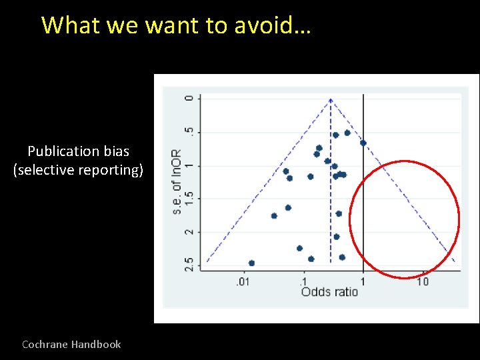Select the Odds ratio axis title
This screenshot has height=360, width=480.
click(x=329, y=292)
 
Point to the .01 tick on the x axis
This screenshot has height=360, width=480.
click(x=244, y=283)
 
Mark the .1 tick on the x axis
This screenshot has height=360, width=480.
click(x=304, y=283)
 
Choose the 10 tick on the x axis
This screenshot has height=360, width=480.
click(x=423, y=283)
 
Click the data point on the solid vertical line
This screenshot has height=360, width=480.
click(x=363, y=143)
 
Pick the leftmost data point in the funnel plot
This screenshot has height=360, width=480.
click(x=251, y=263)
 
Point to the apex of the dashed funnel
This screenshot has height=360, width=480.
click(x=331, y=99)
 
